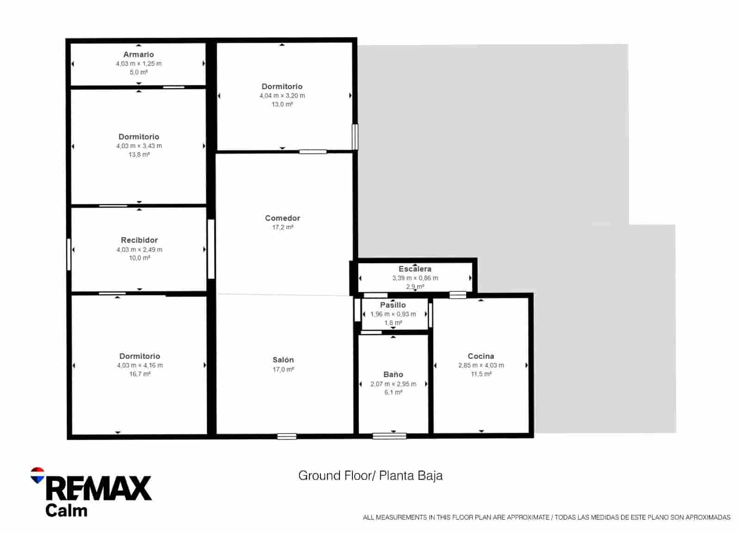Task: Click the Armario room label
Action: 138,55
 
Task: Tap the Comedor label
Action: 282,218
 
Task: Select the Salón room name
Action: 283,360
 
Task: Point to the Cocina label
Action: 481,356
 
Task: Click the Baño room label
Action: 393,375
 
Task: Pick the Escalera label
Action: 415,269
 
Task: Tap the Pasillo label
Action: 393,305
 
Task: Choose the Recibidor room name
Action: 139,240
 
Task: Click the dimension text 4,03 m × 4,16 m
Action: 140,366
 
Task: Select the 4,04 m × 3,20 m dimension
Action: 282,96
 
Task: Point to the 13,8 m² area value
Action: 139,155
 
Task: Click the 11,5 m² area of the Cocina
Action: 481,374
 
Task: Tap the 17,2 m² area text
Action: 282,227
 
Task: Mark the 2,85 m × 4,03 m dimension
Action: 481,365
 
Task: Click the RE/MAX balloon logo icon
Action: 37,475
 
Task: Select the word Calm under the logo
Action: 66,511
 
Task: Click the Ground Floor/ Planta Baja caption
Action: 370,476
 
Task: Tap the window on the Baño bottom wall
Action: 389,435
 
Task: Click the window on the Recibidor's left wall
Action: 69,254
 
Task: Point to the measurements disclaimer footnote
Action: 546,518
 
